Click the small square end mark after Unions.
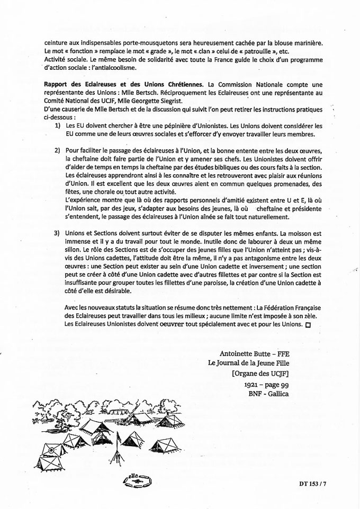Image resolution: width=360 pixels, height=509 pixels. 309,324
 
